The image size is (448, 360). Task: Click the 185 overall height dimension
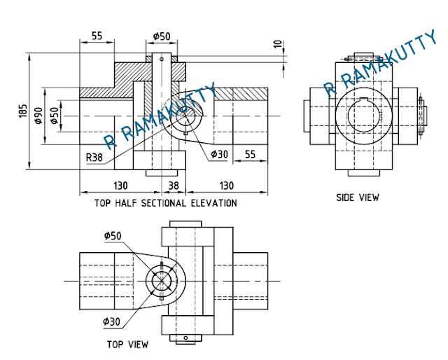(23, 110)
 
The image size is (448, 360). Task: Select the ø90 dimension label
(38, 116)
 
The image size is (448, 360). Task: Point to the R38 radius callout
(94, 158)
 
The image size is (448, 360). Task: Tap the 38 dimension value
(173, 186)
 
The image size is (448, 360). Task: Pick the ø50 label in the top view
(113, 236)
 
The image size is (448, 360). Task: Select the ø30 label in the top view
(112, 322)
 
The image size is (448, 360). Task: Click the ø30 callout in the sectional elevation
(219, 154)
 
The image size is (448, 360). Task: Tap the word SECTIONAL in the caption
(163, 203)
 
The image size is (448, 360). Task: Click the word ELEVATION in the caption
(214, 203)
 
